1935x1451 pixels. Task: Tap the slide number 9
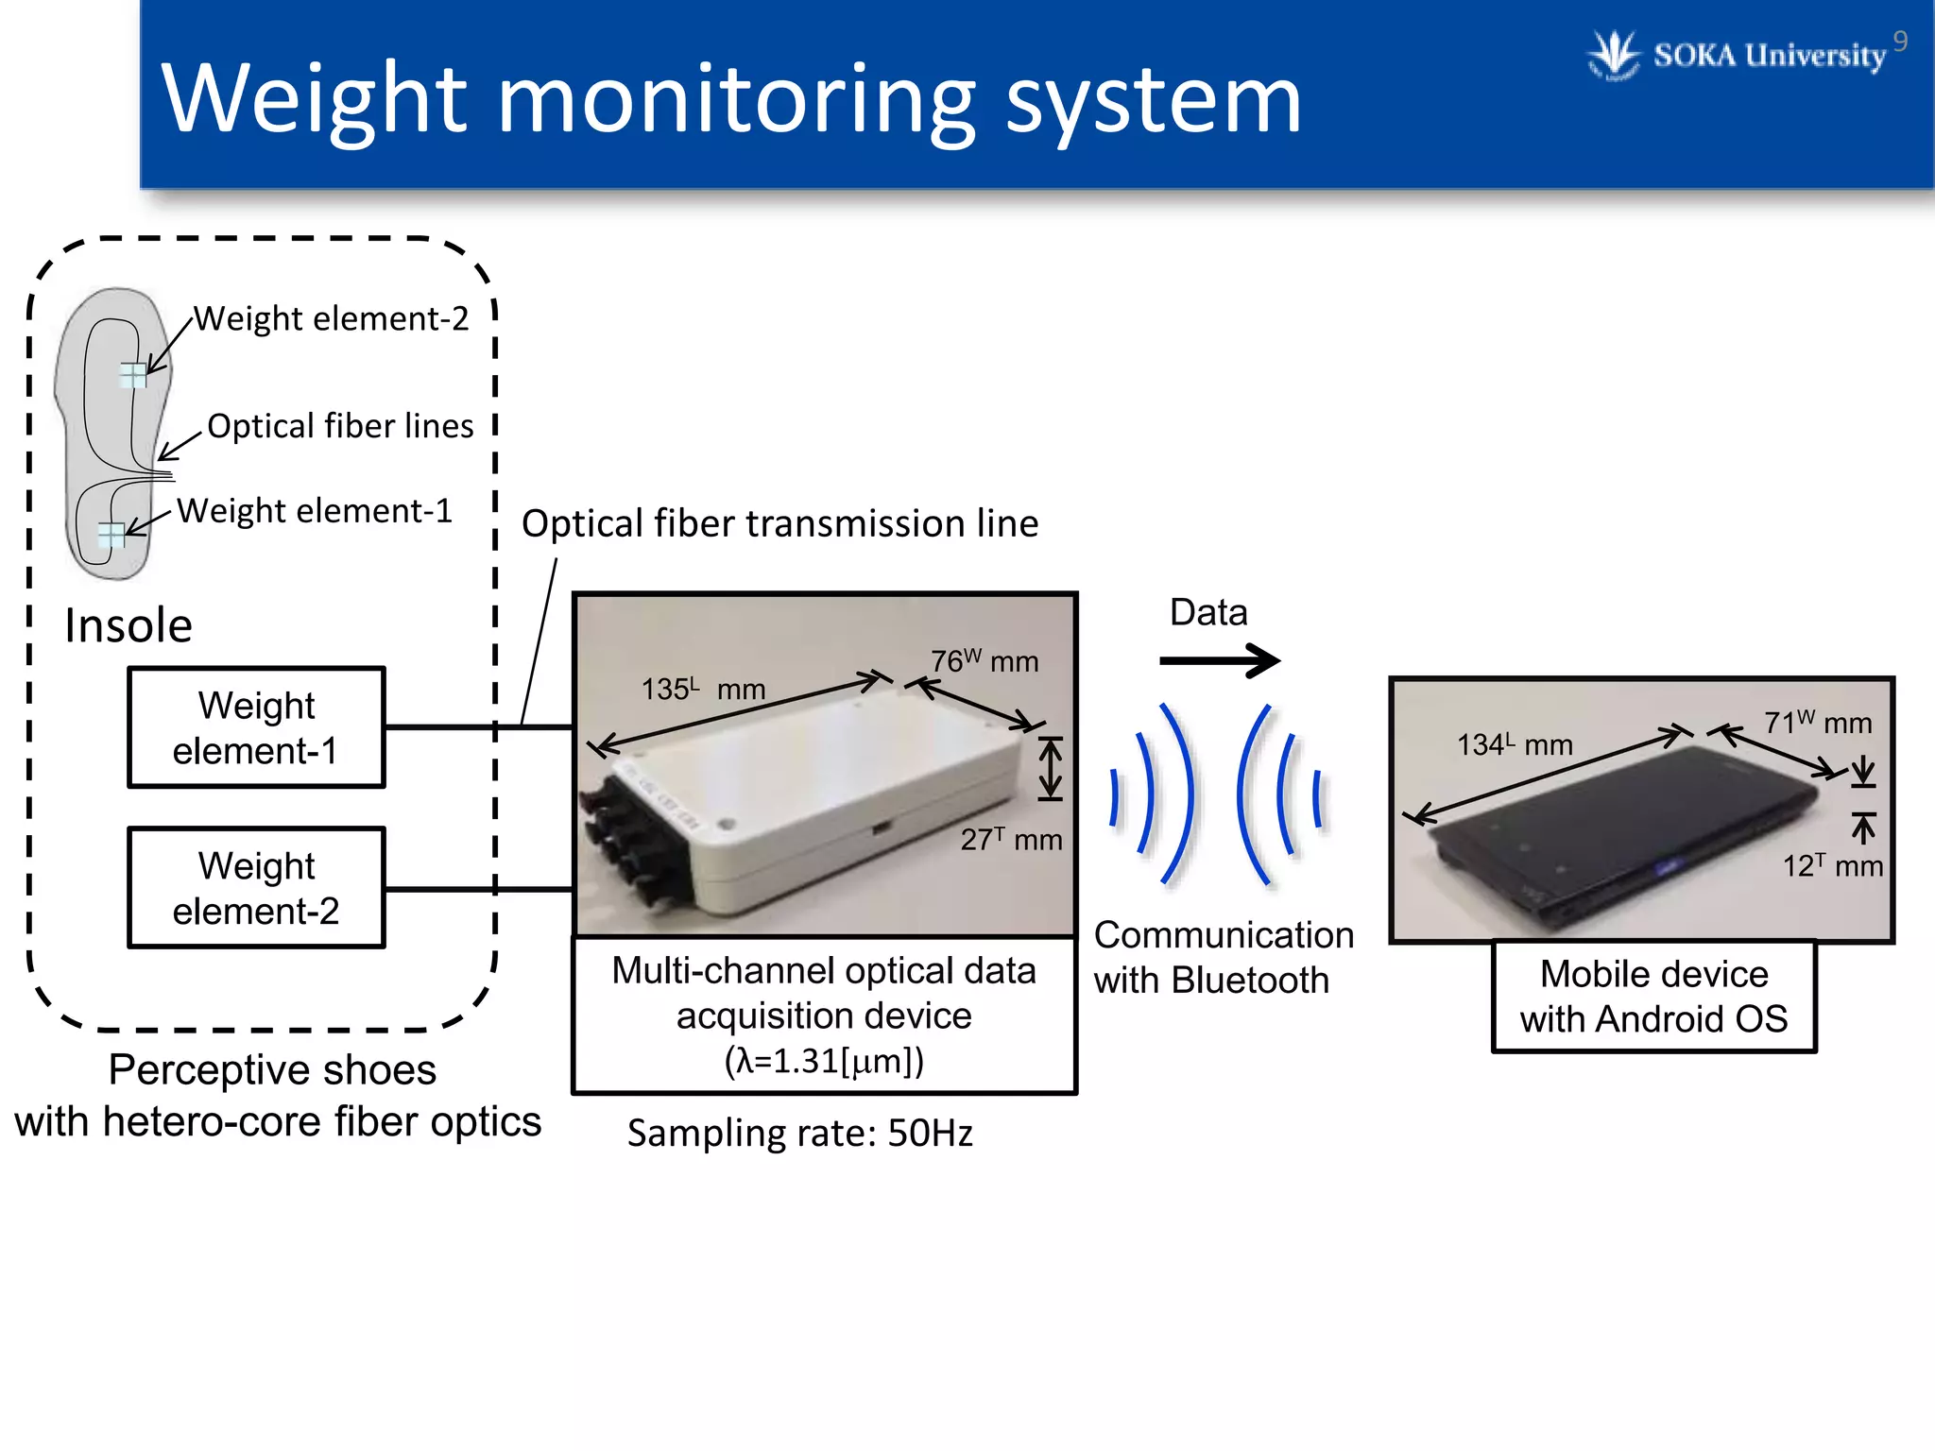click(x=1900, y=42)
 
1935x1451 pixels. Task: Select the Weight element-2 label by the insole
click(x=331, y=319)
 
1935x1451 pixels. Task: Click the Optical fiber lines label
click(x=340, y=426)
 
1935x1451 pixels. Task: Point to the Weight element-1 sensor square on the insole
click(x=112, y=535)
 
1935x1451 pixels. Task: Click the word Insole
click(x=128, y=625)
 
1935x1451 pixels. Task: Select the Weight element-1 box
click(x=256, y=727)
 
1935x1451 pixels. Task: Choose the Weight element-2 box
click(x=256, y=888)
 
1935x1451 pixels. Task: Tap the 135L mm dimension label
click(x=703, y=689)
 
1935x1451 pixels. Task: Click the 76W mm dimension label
click(x=984, y=661)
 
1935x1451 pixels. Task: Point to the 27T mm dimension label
click(x=1011, y=839)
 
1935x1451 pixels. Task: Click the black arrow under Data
click(x=1219, y=660)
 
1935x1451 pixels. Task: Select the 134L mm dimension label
click(x=1514, y=744)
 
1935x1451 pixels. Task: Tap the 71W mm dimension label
click(x=1817, y=723)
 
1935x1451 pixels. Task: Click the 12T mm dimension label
click(x=1832, y=865)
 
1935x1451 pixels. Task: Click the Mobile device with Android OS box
click(x=1653, y=997)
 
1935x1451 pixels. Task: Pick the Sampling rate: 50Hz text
click(x=799, y=1133)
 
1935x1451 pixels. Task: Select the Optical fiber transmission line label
click(x=779, y=523)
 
